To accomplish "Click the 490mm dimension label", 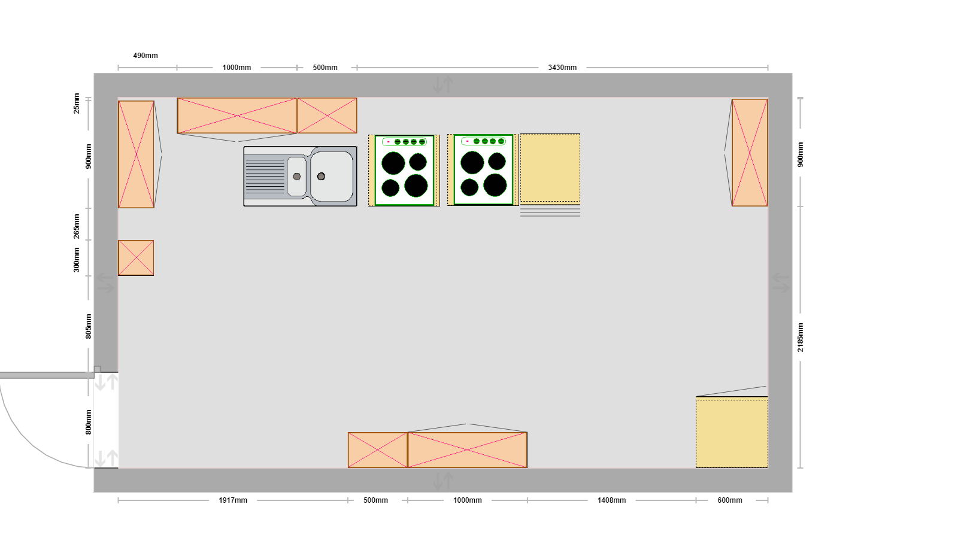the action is pos(145,56).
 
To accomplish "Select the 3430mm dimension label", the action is pos(562,68).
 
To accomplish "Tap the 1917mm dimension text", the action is pos(233,500).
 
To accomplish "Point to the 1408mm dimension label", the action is pos(611,500).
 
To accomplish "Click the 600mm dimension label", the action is pos(730,500).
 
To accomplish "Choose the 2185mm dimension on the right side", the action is pos(800,338).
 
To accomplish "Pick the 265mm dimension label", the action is pos(77,226).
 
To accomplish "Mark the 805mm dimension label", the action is pos(89,326).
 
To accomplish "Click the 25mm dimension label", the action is pos(77,104).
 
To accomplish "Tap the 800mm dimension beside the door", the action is pos(89,423).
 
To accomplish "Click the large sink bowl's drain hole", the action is pos(321,176).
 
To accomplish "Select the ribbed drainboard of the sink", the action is pos(265,176).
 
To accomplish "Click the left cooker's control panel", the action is pos(404,141).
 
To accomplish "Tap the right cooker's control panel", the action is pos(484,141).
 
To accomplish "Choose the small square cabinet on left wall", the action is pos(136,258).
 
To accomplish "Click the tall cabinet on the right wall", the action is pos(750,153).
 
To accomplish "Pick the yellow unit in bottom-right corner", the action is pos(732,432).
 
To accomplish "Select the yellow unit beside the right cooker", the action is pos(550,168).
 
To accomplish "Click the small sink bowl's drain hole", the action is pos(297,177).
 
